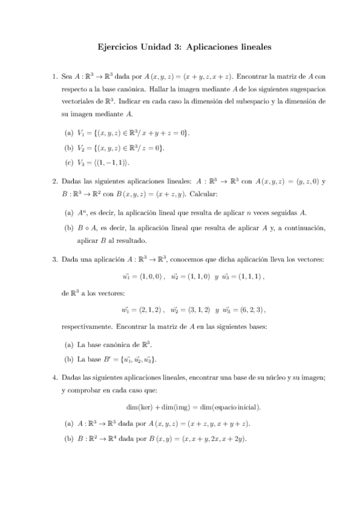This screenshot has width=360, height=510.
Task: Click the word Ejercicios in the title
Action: (x=117, y=46)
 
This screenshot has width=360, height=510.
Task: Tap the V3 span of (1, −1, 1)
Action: (x=107, y=162)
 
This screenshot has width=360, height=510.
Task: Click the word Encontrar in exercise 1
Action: (x=253, y=77)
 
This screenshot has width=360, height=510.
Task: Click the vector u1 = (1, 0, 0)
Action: (x=142, y=277)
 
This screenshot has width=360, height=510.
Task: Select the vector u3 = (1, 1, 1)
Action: (x=242, y=277)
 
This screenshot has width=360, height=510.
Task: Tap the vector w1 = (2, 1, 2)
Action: (x=141, y=310)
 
